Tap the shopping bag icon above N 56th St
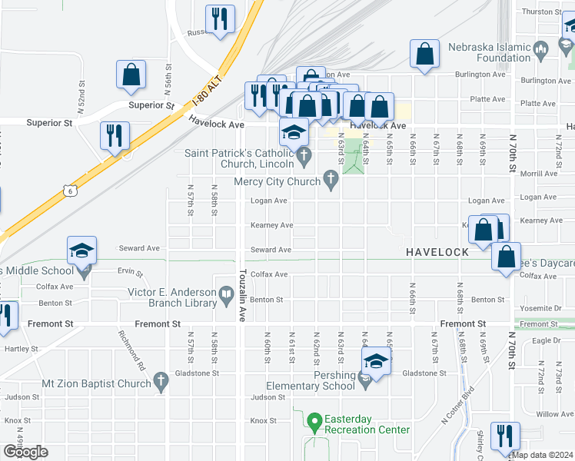pyautogui.click(x=131, y=74)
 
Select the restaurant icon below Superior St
pyautogui.click(x=115, y=136)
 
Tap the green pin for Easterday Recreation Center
pyautogui.click(x=314, y=420)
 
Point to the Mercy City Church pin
pyautogui.click(x=331, y=181)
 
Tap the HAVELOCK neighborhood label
pyautogui.click(x=437, y=252)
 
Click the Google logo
pyautogui.click(x=25, y=452)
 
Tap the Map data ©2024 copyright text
pyautogui.click(x=543, y=454)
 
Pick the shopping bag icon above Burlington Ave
pyautogui.click(x=424, y=54)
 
